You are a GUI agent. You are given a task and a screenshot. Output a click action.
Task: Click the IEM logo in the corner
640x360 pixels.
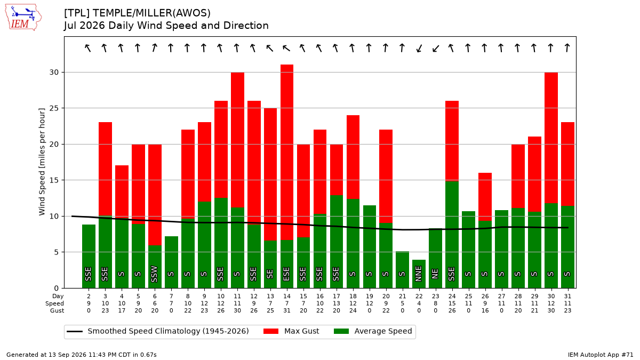click(23, 17)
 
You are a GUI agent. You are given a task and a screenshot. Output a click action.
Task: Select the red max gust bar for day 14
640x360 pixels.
click(287, 153)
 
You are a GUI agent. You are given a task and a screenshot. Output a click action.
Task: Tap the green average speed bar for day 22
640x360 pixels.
click(419, 274)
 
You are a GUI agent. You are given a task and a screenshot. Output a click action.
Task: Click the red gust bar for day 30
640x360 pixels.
click(551, 138)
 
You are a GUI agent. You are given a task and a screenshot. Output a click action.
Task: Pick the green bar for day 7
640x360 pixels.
click(171, 262)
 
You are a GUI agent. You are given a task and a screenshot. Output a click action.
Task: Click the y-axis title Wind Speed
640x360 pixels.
click(42, 162)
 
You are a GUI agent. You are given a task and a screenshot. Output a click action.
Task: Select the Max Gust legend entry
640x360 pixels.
click(291, 331)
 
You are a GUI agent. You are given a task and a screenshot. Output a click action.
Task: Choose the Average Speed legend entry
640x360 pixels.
click(373, 331)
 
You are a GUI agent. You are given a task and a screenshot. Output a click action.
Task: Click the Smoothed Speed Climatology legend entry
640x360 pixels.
click(158, 331)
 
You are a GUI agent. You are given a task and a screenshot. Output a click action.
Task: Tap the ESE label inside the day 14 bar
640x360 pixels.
click(286, 274)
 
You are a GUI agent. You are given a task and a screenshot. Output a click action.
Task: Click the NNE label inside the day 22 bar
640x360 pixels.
click(419, 274)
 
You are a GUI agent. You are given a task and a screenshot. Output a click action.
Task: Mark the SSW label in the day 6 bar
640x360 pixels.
click(154, 274)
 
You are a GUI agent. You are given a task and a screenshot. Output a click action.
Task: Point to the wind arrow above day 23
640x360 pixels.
click(435, 49)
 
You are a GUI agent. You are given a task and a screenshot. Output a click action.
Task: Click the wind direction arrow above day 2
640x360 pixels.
click(87, 48)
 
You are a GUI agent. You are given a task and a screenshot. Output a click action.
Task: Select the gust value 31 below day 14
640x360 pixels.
click(287, 310)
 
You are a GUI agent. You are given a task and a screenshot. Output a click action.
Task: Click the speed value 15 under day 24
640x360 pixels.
click(452, 303)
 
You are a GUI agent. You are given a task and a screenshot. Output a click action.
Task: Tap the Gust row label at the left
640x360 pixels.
click(57, 310)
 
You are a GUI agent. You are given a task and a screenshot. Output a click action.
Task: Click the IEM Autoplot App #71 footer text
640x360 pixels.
click(601, 355)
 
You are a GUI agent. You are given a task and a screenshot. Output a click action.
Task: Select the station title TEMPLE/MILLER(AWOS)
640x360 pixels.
click(151, 13)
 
